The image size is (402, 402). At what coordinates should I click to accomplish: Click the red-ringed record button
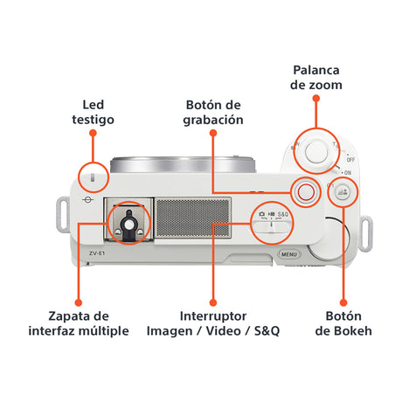pos(306,192)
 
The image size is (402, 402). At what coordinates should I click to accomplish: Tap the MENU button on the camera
pos(289,254)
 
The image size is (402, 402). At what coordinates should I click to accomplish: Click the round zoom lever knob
pos(316,151)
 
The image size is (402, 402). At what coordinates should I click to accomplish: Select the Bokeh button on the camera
pos(343,192)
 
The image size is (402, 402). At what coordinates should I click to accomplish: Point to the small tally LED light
pos(93,177)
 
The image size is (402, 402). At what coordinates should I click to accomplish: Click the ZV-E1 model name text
pos(97,253)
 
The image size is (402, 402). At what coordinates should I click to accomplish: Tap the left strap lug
pos(63,214)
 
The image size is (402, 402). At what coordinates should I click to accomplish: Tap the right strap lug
pos(365,233)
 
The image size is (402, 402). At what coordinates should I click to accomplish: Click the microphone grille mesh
pos(193,218)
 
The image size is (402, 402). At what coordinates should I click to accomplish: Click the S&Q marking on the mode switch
pos(283,214)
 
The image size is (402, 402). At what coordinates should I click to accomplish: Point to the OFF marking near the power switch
pos(350,160)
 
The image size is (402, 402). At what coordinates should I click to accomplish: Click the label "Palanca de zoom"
pos(316,78)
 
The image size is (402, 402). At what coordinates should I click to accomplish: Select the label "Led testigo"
pos(94,112)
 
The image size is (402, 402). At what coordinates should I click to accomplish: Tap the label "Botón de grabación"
pos(213,113)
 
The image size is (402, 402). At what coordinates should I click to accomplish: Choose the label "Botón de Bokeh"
pos(343,323)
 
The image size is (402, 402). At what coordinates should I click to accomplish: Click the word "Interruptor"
pos(213,316)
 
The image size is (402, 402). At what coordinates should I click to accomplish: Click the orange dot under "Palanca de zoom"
pos(316,99)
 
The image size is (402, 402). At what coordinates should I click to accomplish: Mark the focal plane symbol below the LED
pos(87,200)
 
